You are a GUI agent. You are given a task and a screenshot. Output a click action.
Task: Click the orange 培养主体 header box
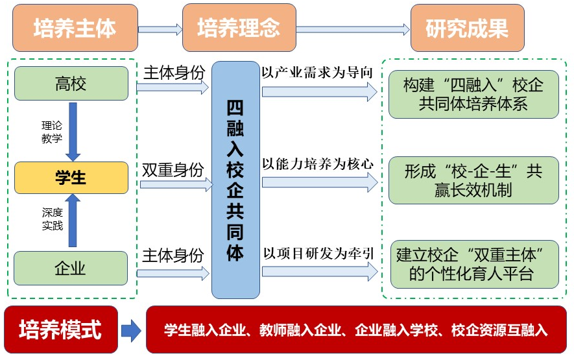(75, 28)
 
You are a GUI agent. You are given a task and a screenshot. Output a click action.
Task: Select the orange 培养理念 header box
(239, 28)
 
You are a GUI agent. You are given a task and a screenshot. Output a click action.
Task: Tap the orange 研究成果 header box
(466, 28)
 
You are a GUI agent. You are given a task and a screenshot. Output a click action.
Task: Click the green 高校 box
(71, 83)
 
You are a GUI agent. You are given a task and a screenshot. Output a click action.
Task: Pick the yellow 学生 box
(71, 177)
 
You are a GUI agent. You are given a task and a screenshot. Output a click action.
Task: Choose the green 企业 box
(71, 268)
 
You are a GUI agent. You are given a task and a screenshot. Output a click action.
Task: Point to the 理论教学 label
(52, 132)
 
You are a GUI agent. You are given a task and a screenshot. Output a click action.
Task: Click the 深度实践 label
(52, 219)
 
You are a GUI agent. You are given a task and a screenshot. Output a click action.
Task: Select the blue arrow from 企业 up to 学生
(73, 221)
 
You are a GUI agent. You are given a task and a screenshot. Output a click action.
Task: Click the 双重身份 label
(173, 171)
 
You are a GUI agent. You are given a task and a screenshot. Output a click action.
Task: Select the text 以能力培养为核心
(317, 163)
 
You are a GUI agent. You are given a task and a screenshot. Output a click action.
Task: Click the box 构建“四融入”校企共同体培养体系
(473, 94)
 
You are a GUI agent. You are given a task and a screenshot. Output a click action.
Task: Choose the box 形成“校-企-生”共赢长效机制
(473, 180)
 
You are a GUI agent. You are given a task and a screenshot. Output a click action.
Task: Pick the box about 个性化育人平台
(474, 264)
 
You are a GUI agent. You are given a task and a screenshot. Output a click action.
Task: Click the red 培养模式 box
(61, 330)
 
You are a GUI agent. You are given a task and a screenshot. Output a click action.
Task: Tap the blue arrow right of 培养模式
(131, 330)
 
